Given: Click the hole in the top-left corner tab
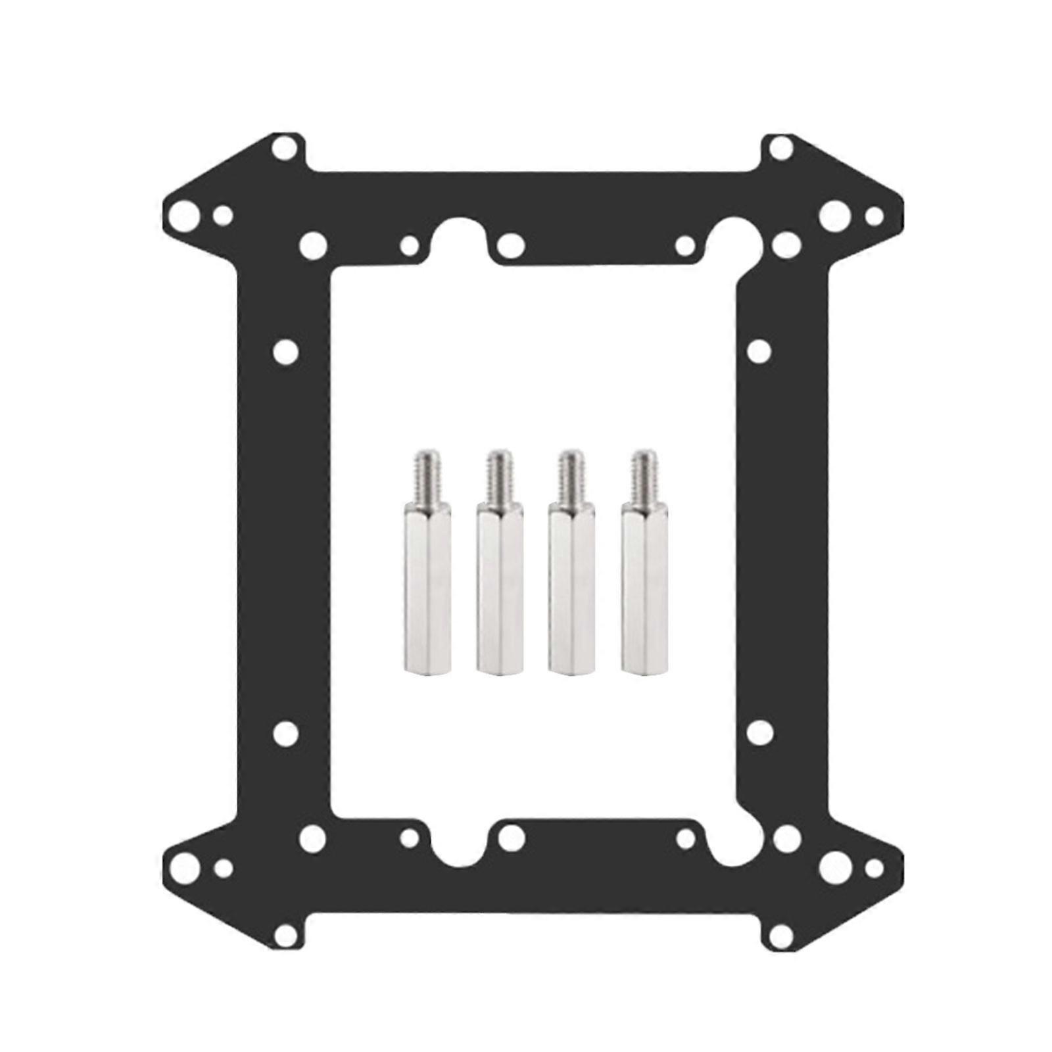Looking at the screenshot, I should tap(284, 148).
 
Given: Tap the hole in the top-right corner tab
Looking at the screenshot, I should tap(780, 148).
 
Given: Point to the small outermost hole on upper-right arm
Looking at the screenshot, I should tap(874, 215).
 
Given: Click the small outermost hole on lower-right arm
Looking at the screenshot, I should tap(874, 868).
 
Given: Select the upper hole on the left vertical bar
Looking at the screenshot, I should tap(285, 351).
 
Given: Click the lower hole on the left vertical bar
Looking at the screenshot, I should tap(285, 731).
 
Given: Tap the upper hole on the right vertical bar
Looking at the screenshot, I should tap(759, 351).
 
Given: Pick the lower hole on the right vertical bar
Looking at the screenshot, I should tap(759, 731).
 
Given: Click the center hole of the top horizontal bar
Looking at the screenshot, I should tap(511, 246).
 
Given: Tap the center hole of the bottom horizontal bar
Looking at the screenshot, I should tap(511, 837).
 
